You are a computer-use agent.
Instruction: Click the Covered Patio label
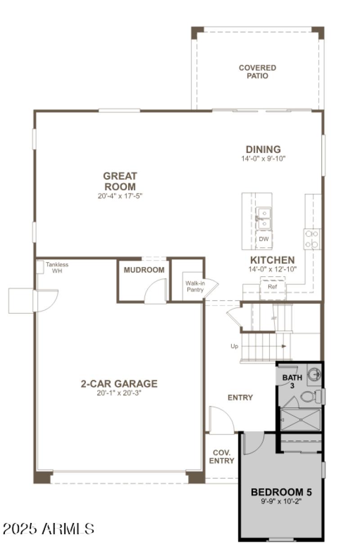(x=257, y=72)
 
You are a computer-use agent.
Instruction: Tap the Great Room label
(x=120, y=181)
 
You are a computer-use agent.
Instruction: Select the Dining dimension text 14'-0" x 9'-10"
(x=263, y=158)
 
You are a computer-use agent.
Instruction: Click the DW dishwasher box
(x=264, y=239)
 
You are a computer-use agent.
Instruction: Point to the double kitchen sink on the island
(x=264, y=218)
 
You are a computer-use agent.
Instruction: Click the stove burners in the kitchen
(x=312, y=239)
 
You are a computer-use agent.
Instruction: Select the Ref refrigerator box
(x=272, y=287)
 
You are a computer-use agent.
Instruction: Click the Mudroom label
(x=144, y=270)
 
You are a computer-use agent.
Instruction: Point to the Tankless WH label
(x=57, y=268)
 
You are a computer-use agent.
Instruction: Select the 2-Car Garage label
(x=119, y=384)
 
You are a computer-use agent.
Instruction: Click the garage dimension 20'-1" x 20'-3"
(x=119, y=393)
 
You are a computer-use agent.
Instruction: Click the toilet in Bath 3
(x=310, y=396)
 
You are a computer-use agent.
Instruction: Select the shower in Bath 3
(x=301, y=419)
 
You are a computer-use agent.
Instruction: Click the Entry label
(x=240, y=397)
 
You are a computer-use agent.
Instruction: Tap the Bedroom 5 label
(x=281, y=492)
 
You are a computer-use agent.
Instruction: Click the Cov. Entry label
(x=221, y=457)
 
